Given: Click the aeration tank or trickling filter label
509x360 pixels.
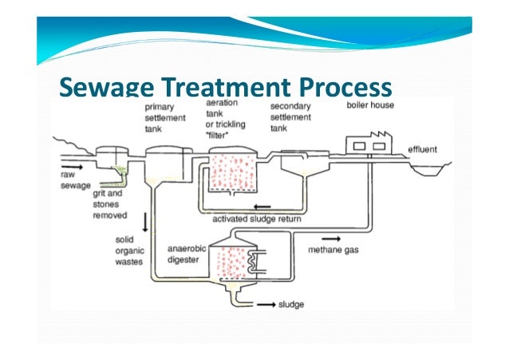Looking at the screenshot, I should (x=226, y=120).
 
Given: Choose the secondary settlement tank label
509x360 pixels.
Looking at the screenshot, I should (x=290, y=118).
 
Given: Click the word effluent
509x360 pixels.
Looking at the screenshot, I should (x=422, y=149).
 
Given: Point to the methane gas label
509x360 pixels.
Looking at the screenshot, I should (x=329, y=248).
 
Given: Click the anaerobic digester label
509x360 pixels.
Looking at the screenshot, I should (x=187, y=254).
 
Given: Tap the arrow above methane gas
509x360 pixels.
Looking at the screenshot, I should (x=330, y=237).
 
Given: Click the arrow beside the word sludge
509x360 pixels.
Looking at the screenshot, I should (x=266, y=304).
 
